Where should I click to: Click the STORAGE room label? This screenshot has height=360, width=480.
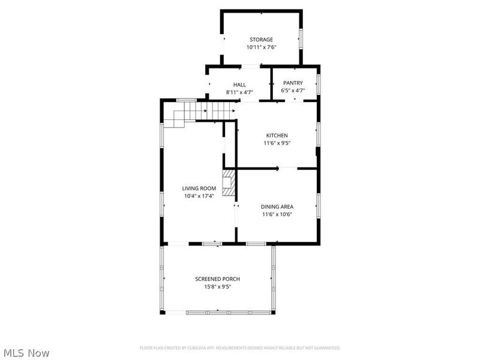(x=262, y=40)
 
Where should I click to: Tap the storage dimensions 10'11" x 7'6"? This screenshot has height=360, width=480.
(x=262, y=47)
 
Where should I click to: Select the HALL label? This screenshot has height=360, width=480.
(x=239, y=84)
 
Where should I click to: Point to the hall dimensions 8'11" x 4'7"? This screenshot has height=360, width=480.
(x=239, y=92)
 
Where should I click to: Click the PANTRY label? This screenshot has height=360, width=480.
(x=293, y=83)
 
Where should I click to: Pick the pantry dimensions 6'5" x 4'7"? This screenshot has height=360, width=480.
(x=293, y=91)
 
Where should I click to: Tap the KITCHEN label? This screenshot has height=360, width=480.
(x=277, y=136)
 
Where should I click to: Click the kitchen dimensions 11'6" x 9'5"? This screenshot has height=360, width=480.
(x=277, y=143)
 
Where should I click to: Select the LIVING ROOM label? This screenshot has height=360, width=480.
(x=199, y=188)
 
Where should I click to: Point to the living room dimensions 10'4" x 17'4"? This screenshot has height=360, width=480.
(x=199, y=196)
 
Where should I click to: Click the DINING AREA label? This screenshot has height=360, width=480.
(x=277, y=206)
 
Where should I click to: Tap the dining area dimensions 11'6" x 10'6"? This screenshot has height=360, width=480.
(x=277, y=214)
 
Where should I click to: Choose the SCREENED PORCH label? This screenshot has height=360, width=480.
(x=217, y=279)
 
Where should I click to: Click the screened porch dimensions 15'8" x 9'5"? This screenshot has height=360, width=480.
(x=217, y=287)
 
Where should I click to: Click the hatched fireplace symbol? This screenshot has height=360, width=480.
(x=229, y=182)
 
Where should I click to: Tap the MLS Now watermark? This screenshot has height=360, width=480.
(x=26, y=353)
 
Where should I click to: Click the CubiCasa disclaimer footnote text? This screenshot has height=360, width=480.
(x=240, y=348)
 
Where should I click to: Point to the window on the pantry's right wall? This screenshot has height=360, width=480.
(x=319, y=83)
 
